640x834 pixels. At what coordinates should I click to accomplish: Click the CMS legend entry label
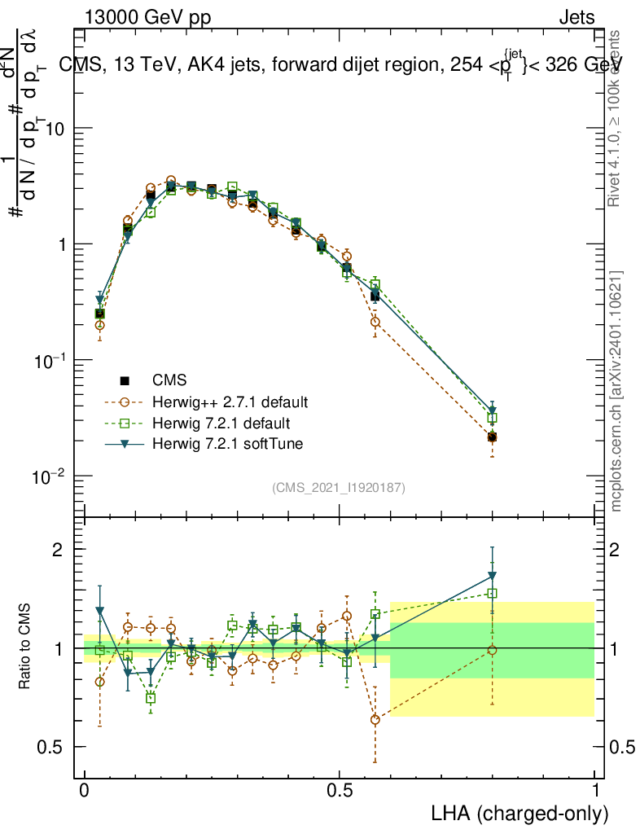(169, 380)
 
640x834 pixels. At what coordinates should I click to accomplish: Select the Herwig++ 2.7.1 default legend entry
(230, 402)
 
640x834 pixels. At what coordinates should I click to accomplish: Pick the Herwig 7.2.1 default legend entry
(221, 424)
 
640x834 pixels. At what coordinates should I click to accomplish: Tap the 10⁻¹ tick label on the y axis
(50, 360)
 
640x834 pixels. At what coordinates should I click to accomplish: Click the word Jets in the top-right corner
(576, 18)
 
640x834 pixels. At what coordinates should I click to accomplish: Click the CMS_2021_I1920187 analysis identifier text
(339, 488)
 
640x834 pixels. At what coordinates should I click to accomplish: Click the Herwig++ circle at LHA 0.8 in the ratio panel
(492, 650)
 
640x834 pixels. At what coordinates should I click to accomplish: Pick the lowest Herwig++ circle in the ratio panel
(375, 719)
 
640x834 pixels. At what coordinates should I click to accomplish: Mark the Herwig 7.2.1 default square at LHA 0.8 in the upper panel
(492, 418)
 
